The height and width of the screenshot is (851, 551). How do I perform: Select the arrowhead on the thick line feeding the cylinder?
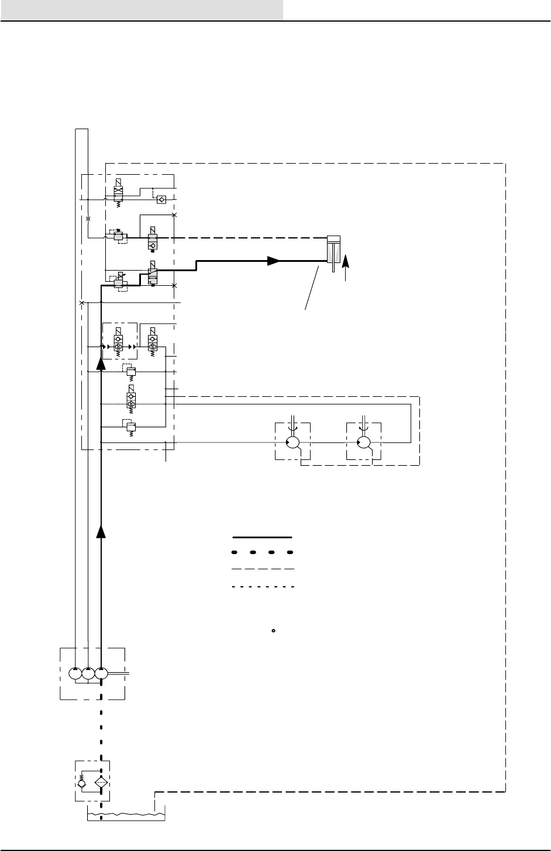(x=273, y=261)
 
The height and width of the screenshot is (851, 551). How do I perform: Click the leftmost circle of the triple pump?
(x=75, y=673)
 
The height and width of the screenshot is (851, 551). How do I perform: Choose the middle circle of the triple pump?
(x=88, y=673)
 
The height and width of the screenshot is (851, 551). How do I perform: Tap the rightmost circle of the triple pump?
(x=101, y=673)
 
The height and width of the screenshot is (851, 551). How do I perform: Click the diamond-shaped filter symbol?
(x=101, y=781)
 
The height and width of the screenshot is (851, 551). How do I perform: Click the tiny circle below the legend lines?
(x=273, y=631)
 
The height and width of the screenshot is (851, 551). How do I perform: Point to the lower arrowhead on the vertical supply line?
(x=101, y=531)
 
